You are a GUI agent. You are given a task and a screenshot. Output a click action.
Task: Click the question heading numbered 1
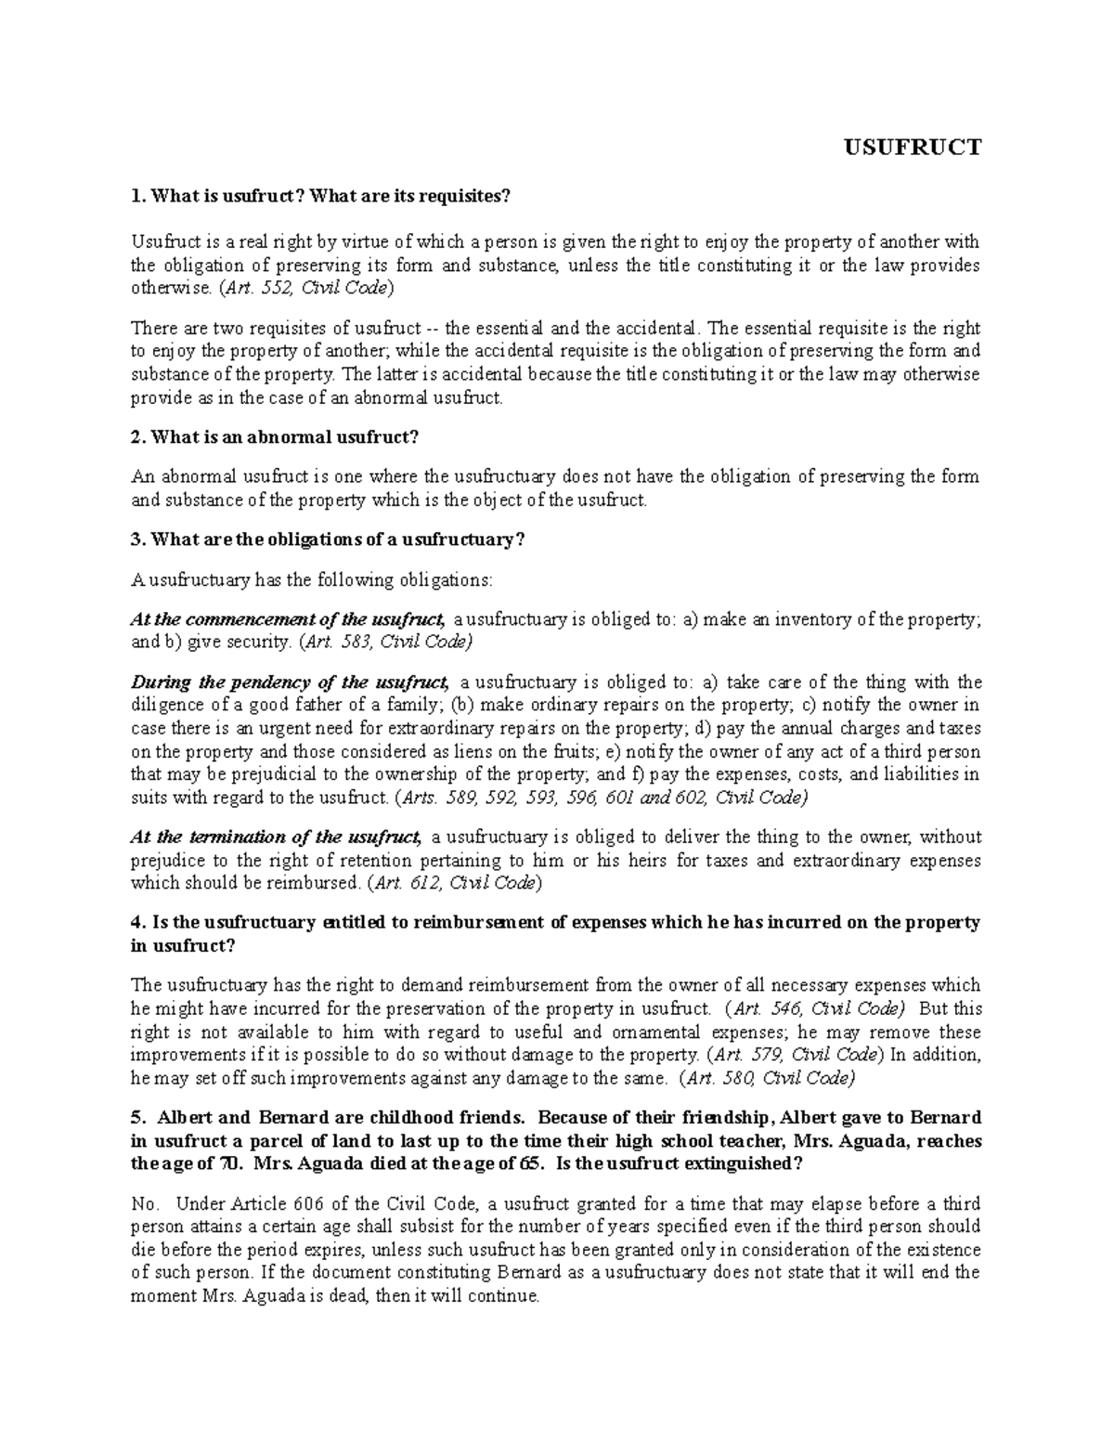pyautogui.click(x=321, y=196)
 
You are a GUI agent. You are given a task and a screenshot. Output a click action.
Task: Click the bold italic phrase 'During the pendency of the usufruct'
pyautogui.click(x=290, y=682)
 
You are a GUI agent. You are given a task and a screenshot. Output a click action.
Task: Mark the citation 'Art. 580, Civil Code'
pyautogui.click(x=768, y=1078)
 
